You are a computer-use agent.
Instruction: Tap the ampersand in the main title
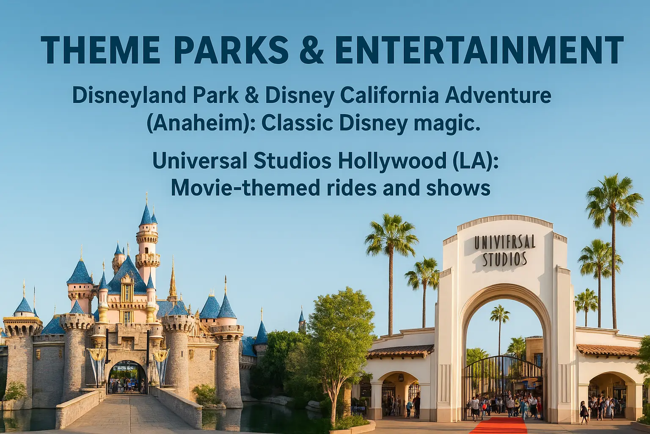308,50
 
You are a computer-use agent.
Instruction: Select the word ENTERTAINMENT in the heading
479,50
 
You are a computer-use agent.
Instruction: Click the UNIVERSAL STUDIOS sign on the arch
504,250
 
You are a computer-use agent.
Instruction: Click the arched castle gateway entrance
127,377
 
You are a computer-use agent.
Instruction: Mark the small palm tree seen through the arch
500,316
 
